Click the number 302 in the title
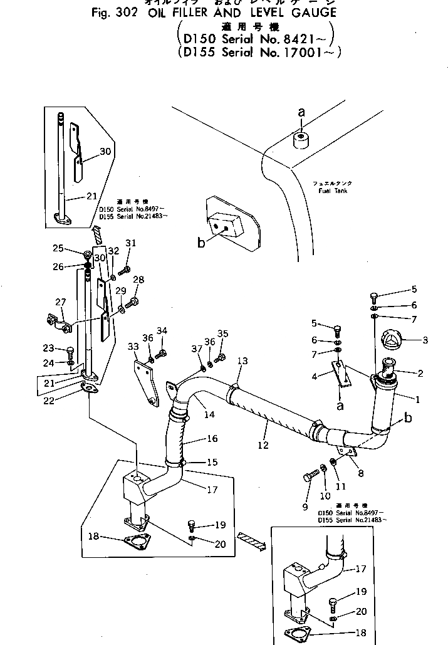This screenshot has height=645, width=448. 66,13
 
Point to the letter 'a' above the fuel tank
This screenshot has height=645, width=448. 301,113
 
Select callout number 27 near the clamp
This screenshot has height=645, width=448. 60,303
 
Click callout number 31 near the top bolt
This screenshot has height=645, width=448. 130,243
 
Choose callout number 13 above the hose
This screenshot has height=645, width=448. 242,361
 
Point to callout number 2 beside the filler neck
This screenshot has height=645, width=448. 419,374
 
